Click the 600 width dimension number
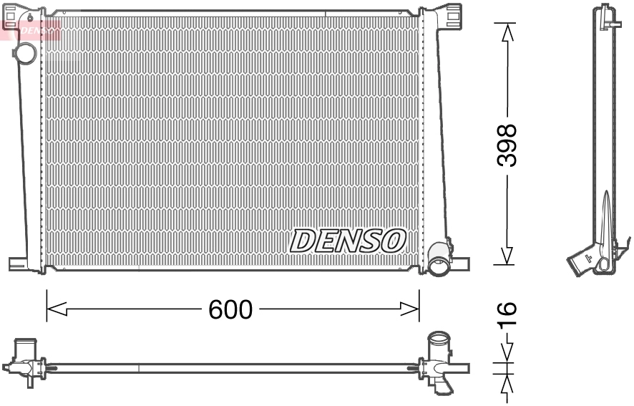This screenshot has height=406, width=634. point(230,310)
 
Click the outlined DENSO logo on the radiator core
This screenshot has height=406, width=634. point(348,241)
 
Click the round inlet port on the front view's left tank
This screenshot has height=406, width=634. point(27,53)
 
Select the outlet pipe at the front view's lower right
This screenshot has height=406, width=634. point(438,266)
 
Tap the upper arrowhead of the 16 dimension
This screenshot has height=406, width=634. point(507,353)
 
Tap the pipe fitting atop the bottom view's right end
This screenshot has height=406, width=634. point(437,342)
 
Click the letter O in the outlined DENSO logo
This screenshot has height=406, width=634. point(394,241)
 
